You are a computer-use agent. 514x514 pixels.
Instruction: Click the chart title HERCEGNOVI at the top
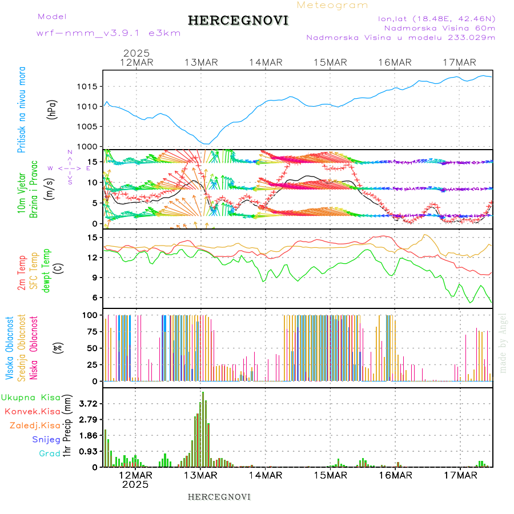click(238, 21)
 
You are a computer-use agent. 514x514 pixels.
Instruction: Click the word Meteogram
click(332, 5)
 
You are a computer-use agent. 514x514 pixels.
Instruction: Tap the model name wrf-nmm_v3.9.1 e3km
click(109, 33)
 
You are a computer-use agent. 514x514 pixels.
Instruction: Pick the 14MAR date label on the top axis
click(266, 62)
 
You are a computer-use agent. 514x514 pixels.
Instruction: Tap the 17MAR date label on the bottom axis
click(460, 475)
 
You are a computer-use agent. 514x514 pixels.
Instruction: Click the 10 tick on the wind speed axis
click(95, 183)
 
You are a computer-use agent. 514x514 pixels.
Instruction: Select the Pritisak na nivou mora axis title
click(22, 110)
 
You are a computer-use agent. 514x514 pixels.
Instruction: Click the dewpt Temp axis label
click(46, 268)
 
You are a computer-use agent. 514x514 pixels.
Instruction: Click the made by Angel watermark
click(503, 343)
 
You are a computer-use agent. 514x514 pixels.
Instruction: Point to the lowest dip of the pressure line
click(207, 143)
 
